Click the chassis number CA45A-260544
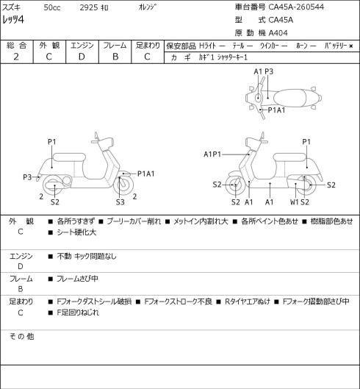(x=296, y=7)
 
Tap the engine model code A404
(x=278, y=33)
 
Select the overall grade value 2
(x=16, y=57)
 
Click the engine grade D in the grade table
(x=82, y=57)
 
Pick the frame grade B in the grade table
(x=115, y=57)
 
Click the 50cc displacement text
(x=52, y=7)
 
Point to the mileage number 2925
(x=89, y=7)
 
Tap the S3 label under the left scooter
(x=120, y=202)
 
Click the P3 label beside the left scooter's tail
(x=27, y=177)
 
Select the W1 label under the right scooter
(x=295, y=202)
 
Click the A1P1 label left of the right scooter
(x=212, y=154)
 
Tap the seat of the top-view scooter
(x=292, y=98)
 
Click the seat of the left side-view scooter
(x=69, y=157)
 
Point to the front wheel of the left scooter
(x=123, y=185)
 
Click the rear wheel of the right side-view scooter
(x=306, y=185)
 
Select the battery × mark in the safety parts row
(x=350, y=46)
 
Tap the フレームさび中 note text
(x=77, y=279)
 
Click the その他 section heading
(x=21, y=337)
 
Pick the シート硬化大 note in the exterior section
(x=76, y=232)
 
